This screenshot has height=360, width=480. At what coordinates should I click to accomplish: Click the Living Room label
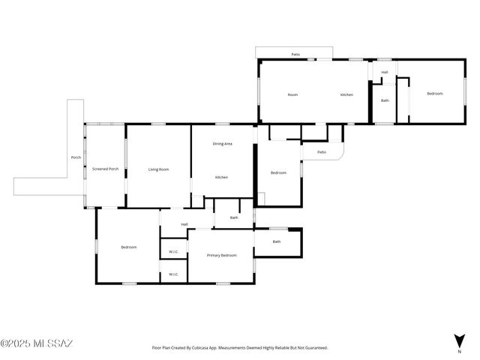point(158,169)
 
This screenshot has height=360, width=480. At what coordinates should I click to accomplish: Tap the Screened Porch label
point(105,169)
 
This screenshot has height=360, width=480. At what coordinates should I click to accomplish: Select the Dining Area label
point(222,143)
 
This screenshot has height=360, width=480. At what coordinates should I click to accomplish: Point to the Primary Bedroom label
point(221,255)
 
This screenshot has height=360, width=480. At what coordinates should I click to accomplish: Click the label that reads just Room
point(292,94)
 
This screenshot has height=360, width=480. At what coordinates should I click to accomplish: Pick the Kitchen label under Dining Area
point(221,177)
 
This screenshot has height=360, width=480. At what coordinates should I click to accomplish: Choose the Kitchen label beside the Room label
point(346,94)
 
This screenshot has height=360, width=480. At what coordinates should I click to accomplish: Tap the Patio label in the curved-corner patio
point(321,152)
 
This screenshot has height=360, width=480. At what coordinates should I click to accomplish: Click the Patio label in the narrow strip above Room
point(295,55)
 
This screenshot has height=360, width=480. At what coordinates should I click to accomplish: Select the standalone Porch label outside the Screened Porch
point(76,157)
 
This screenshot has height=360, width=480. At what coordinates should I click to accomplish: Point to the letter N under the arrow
point(460,351)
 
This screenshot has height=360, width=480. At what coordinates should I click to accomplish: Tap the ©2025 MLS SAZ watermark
point(37,344)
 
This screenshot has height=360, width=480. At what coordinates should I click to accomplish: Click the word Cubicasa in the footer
point(205,348)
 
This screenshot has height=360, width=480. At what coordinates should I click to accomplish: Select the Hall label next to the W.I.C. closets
point(184,224)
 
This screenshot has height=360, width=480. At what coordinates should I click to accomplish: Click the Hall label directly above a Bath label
point(385,73)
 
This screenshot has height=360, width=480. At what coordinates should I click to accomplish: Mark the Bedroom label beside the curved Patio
point(278,173)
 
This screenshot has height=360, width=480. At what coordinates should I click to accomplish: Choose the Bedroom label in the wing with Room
point(434,94)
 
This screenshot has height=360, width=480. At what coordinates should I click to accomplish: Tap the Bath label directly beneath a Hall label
point(385,100)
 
